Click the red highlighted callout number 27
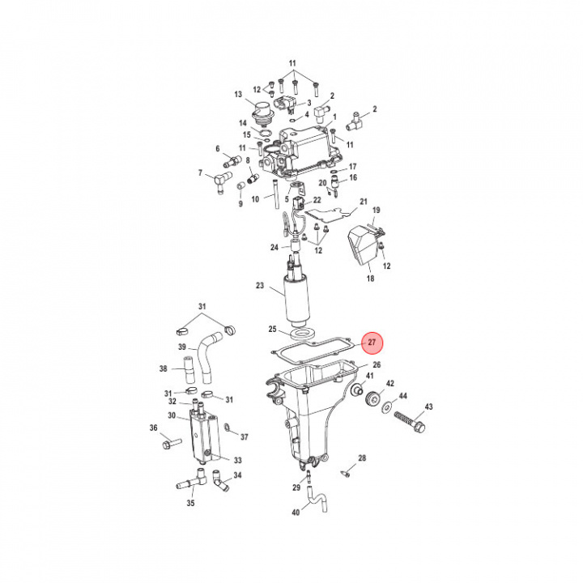click(372, 343)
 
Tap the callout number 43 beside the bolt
click(428, 406)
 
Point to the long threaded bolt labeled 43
click(411, 421)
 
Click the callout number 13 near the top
click(238, 95)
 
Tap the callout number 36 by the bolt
click(153, 428)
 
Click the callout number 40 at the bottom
click(295, 513)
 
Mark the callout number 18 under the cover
click(370, 277)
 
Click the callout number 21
click(364, 201)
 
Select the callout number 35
click(190, 503)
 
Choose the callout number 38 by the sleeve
click(164, 368)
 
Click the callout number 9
click(240, 204)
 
